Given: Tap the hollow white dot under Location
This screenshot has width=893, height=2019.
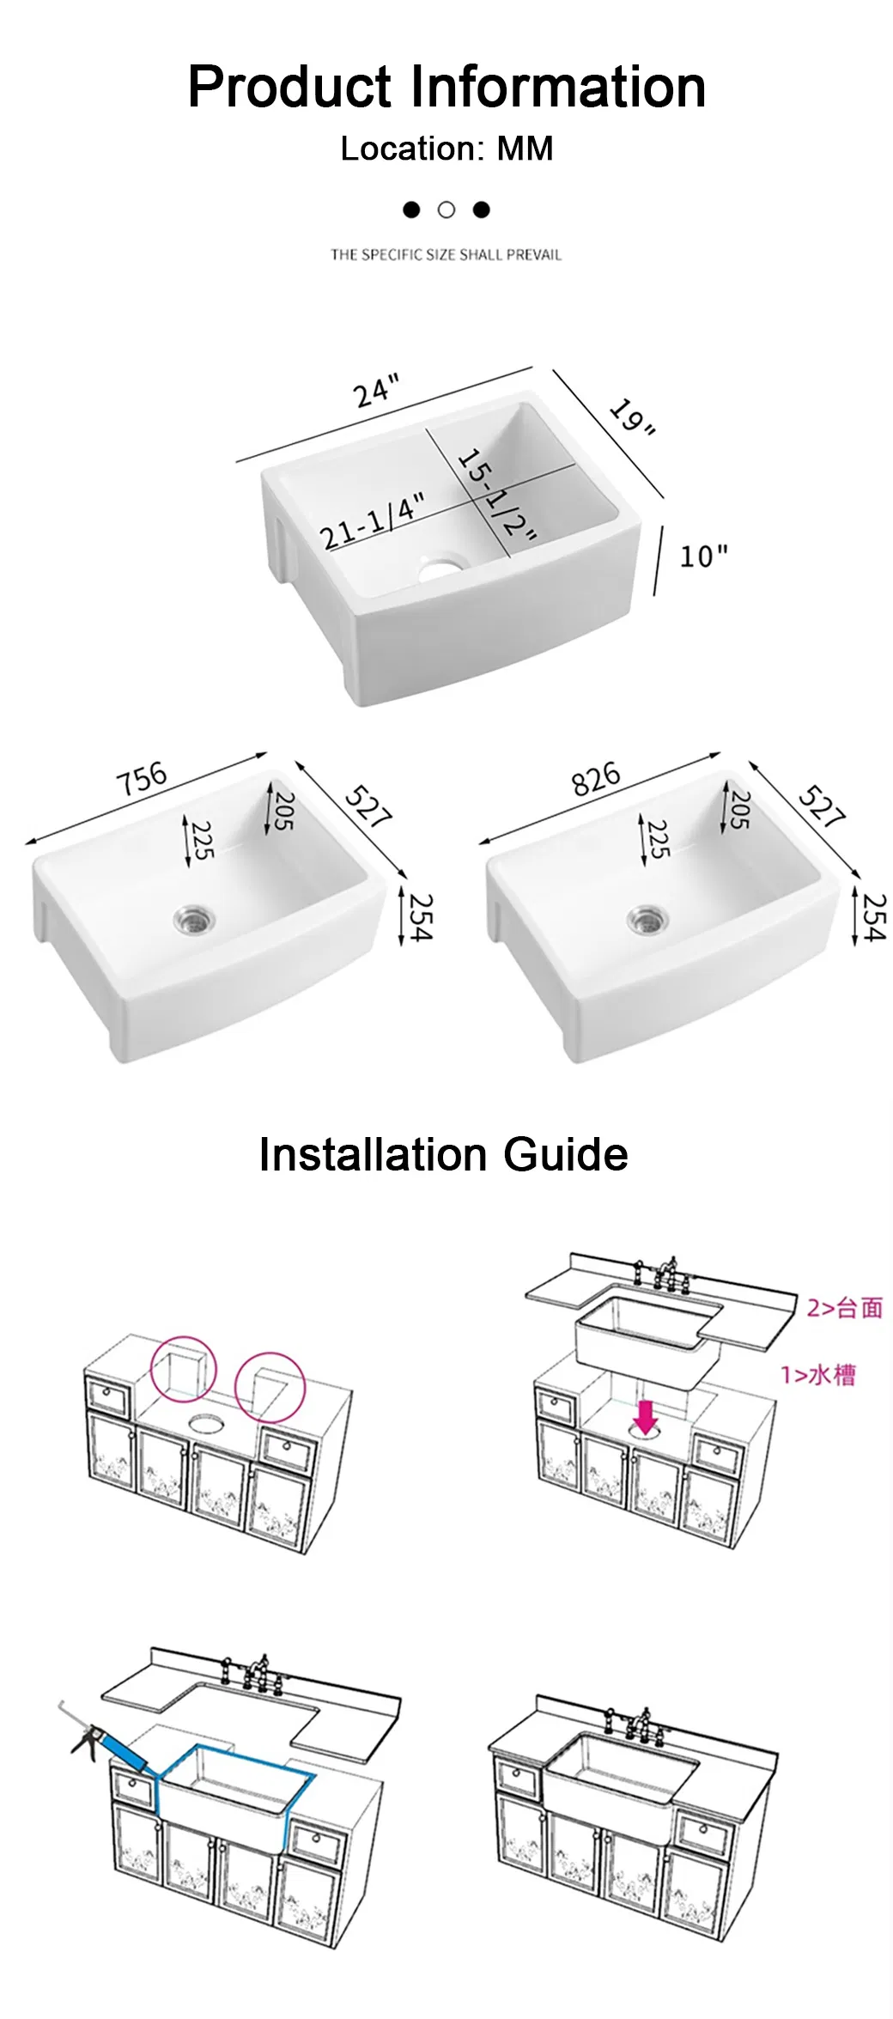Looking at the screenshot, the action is tap(446, 210).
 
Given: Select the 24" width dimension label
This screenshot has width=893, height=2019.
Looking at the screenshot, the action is tap(376, 391).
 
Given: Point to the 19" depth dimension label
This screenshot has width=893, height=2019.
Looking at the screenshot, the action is tap(633, 417).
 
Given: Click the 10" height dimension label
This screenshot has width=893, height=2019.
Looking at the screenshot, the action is tap(703, 556).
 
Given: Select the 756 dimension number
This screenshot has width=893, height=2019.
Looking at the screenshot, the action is tap(142, 778).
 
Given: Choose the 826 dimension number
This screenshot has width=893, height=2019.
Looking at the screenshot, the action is tap(596, 778).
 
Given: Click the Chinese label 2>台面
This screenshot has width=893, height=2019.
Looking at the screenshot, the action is tap(845, 1308).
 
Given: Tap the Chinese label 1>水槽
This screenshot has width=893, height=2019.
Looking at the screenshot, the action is tap(818, 1375).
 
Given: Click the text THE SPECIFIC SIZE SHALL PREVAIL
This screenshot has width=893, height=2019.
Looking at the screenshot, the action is tap(446, 255).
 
